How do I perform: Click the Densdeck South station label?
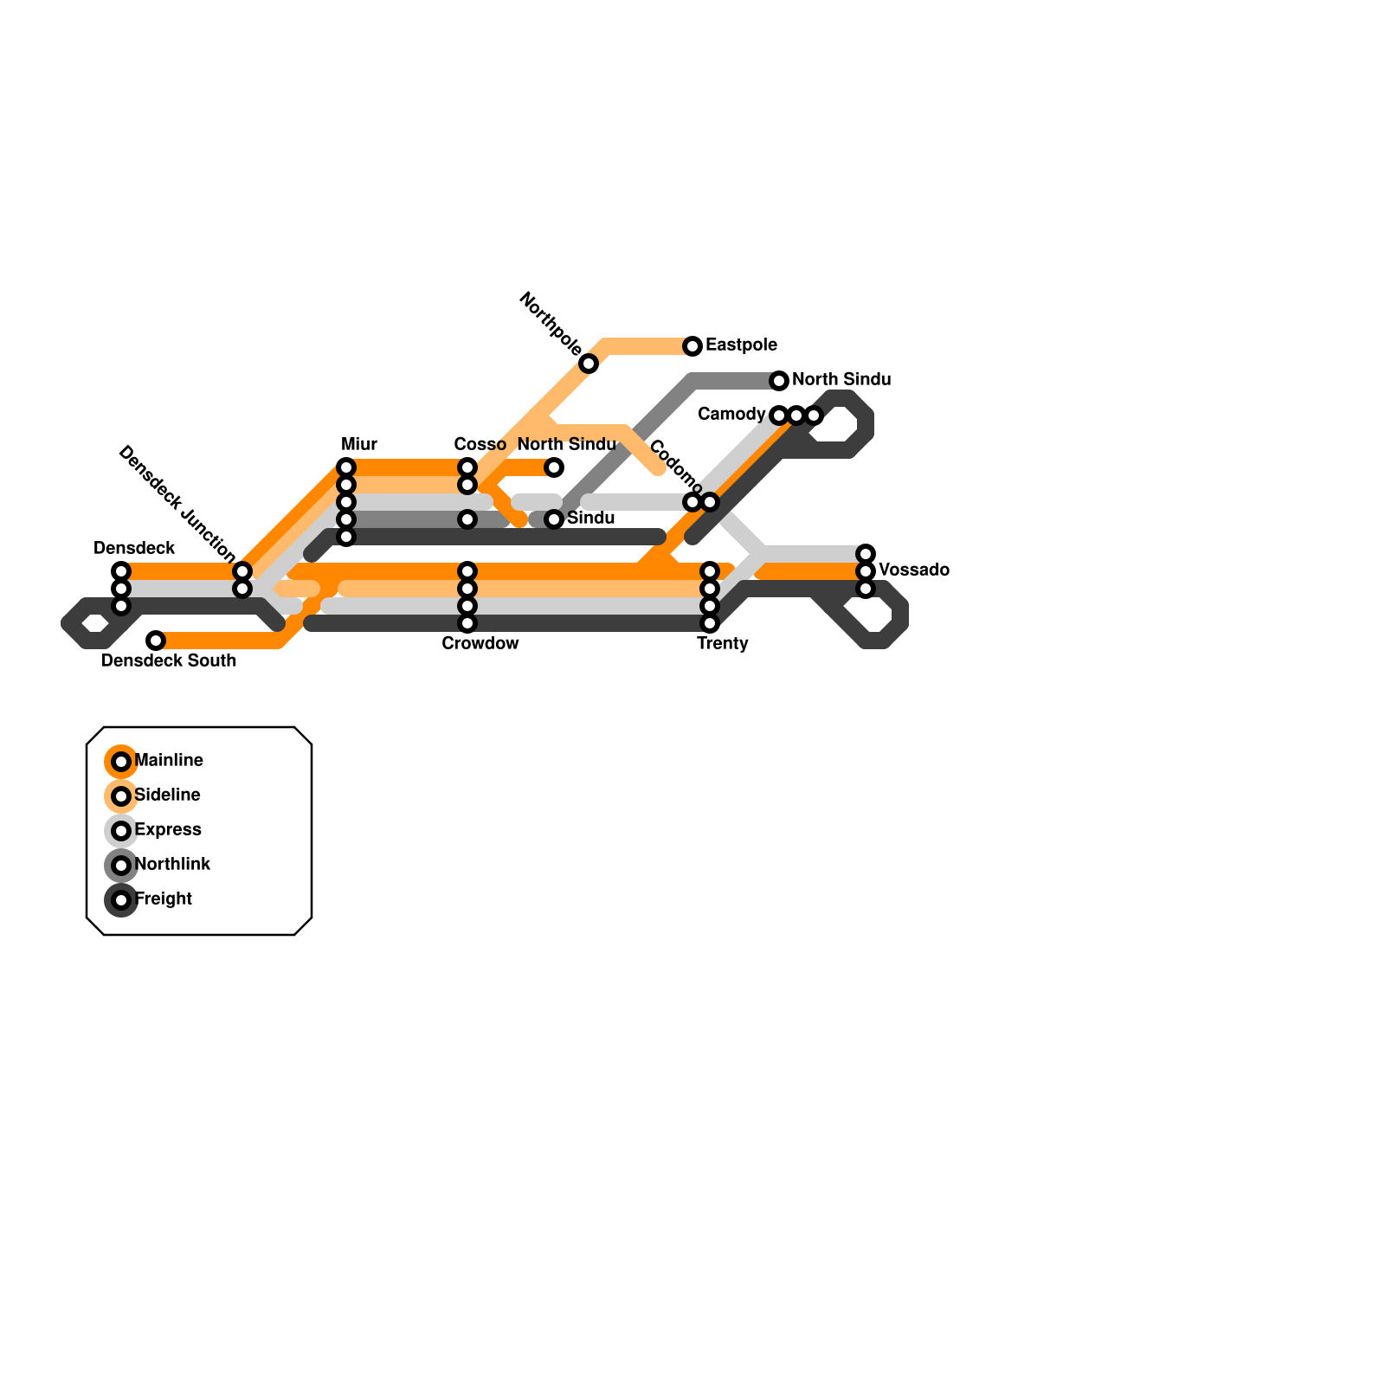(x=169, y=661)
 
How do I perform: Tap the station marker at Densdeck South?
(x=156, y=641)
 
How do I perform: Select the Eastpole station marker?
(x=692, y=346)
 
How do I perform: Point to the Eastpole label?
(x=741, y=345)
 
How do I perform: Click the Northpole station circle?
(x=589, y=364)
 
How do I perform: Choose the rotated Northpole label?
(x=551, y=324)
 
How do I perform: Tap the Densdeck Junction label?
(x=177, y=503)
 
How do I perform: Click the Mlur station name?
(x=359, y=445)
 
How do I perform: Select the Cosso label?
(x=480, y=445)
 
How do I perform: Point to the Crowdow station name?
(x=480, y=644)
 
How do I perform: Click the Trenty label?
(x=722, y=644)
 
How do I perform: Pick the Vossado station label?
(x=914, y=570)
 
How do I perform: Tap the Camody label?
(x=731, y=415)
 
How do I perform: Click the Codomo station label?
(x=675, y=467)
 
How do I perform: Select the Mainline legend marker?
(x=121, y=762)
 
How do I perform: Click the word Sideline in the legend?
(x=168, y=796)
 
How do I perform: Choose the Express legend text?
(x=168, y=830)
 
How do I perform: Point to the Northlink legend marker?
(x=121, y=866)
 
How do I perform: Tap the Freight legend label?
(x=164, y=899)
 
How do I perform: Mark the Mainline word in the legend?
(x=169, y=761)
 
